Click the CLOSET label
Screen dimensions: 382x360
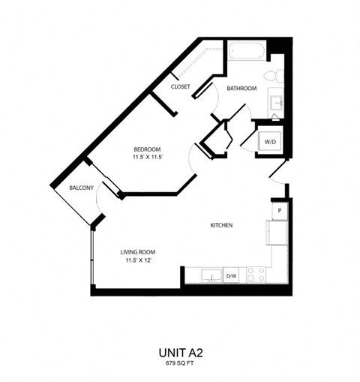[180, 87]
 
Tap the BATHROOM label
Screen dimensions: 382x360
[241, 89]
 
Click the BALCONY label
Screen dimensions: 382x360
[80, 188]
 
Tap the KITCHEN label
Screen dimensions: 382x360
[220, 225]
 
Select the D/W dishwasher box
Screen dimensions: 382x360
[232, 276]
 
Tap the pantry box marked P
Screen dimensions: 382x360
[279, 212]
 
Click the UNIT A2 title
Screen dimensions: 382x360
[180, 350]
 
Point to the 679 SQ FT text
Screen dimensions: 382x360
[180, 363]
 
